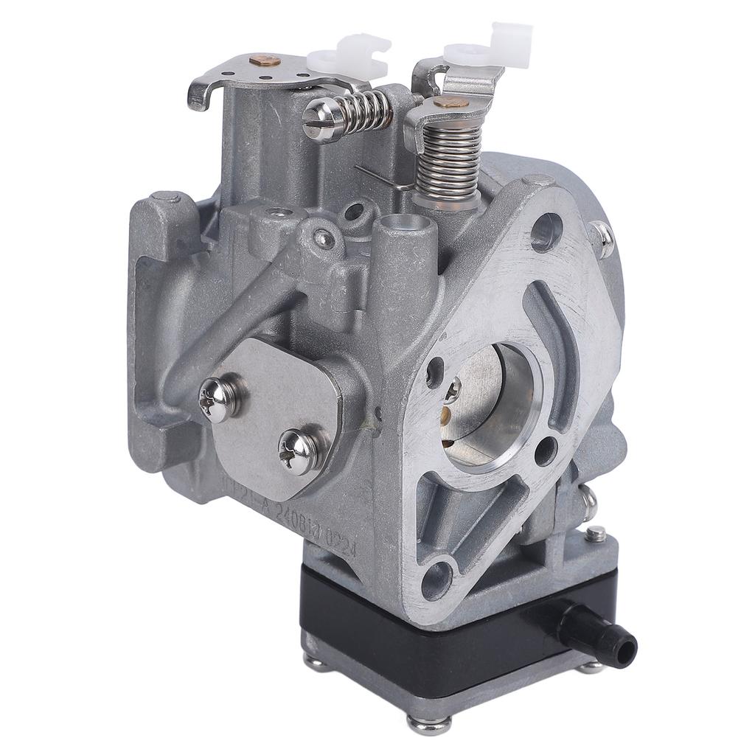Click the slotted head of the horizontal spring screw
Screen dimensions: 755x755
tap(319, 119)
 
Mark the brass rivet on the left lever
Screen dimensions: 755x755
tap(265, 62)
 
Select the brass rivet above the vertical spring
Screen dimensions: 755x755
tap(450, 102)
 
